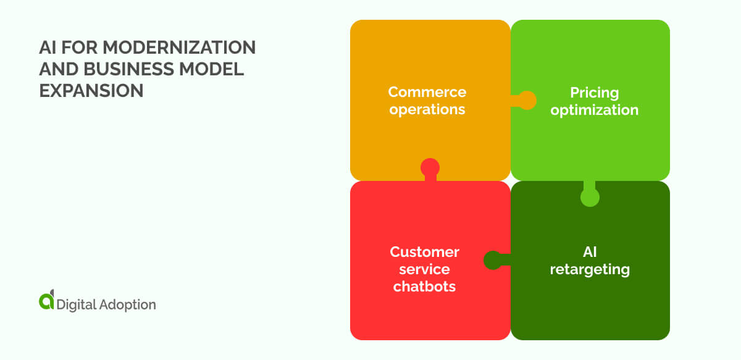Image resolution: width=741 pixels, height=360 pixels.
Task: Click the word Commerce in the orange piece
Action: [427, 92]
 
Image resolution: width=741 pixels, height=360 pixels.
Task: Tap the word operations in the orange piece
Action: [427, 110]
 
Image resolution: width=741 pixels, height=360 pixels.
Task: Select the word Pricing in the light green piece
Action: [594, 93]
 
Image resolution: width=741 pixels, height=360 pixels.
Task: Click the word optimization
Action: [594, 111]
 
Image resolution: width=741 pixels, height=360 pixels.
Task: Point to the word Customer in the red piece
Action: [424, 252]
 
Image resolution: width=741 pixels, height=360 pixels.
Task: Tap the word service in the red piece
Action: [424, 269]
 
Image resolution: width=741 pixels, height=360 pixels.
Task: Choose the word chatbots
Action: [424, 287]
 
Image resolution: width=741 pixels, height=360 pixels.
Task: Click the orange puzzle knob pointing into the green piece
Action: [526, 101]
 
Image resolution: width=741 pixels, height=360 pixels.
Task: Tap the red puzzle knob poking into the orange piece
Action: [430, 168]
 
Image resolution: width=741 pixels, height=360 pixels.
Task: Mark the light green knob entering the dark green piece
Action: [590, 197]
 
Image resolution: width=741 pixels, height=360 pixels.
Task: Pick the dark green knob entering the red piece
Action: [493, 260]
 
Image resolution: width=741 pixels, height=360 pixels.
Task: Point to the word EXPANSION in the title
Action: [91, 91]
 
